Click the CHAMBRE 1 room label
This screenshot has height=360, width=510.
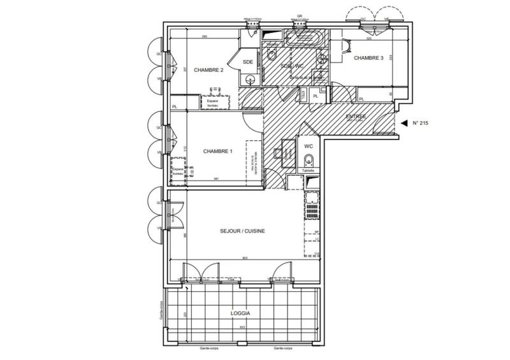click(x=217, y=151)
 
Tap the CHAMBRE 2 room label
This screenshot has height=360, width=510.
click(x=208, y=70)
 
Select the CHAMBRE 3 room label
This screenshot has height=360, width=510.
click(x=368, y=58)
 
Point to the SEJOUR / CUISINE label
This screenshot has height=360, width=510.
click(x=242, y=231)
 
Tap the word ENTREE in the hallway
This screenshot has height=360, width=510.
click(x=356, y=117)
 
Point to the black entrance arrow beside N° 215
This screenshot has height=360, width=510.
click(x=403, y=123)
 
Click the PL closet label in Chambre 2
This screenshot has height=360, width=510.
click(x=175, y=107)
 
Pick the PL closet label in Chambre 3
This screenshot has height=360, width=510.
click(x=361, y=99)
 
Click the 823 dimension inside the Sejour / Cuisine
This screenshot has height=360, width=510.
click(x=244, y=258)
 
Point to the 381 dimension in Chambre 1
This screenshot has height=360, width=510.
click(x=216, y=178)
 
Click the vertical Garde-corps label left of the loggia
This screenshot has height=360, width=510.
click(x=163, y=312)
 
